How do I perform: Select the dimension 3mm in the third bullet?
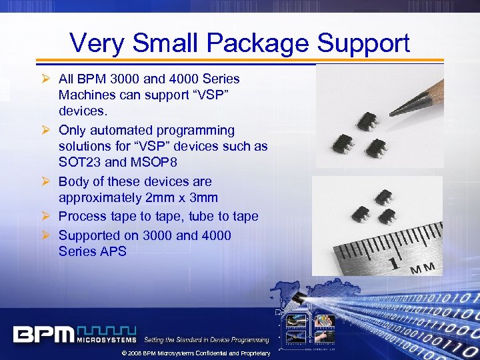(x=209, y=198)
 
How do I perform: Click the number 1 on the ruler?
(x=395, y=262)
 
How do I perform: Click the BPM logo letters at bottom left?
(x=43, y=333)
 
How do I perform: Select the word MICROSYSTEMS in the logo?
(x=107, y=339)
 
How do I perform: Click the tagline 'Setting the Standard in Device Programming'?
(x=207, y=340)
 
